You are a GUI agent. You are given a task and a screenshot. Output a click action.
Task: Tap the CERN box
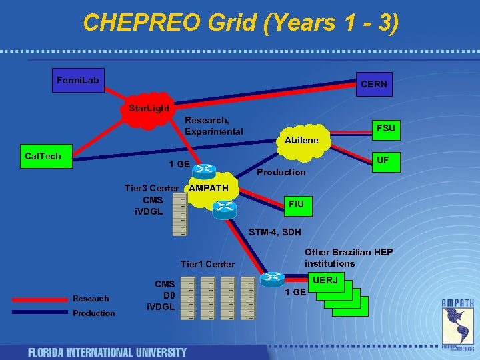tap(373, 85)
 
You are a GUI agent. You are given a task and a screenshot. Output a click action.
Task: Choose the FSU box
tap(385, 128)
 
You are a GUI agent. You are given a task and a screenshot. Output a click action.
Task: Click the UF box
tap(382, 161)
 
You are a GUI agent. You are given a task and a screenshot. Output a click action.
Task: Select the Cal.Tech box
tap(43, 157)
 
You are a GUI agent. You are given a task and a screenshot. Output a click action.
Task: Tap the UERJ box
tap(325, 281)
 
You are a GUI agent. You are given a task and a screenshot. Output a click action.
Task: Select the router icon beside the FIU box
tap(225, 209)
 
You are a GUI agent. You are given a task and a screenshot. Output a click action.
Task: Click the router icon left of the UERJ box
tap(273, 279)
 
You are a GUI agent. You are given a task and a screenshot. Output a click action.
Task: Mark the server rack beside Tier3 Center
tap(179, 215)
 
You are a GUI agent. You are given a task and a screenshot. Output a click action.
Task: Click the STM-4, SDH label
tap(275, 232)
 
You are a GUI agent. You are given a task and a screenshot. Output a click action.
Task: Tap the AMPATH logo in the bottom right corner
tap(459, 323)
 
